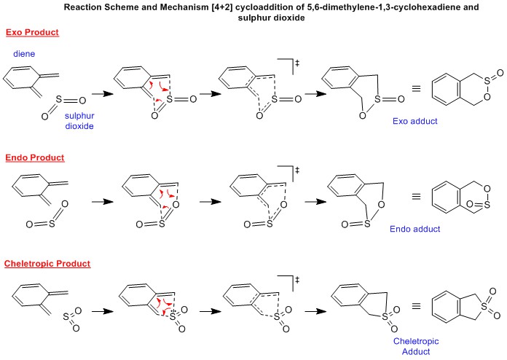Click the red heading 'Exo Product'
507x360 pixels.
tap(32, 34)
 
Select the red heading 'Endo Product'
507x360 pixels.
tap(34, 157)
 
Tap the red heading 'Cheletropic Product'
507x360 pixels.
tap(48, 263)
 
